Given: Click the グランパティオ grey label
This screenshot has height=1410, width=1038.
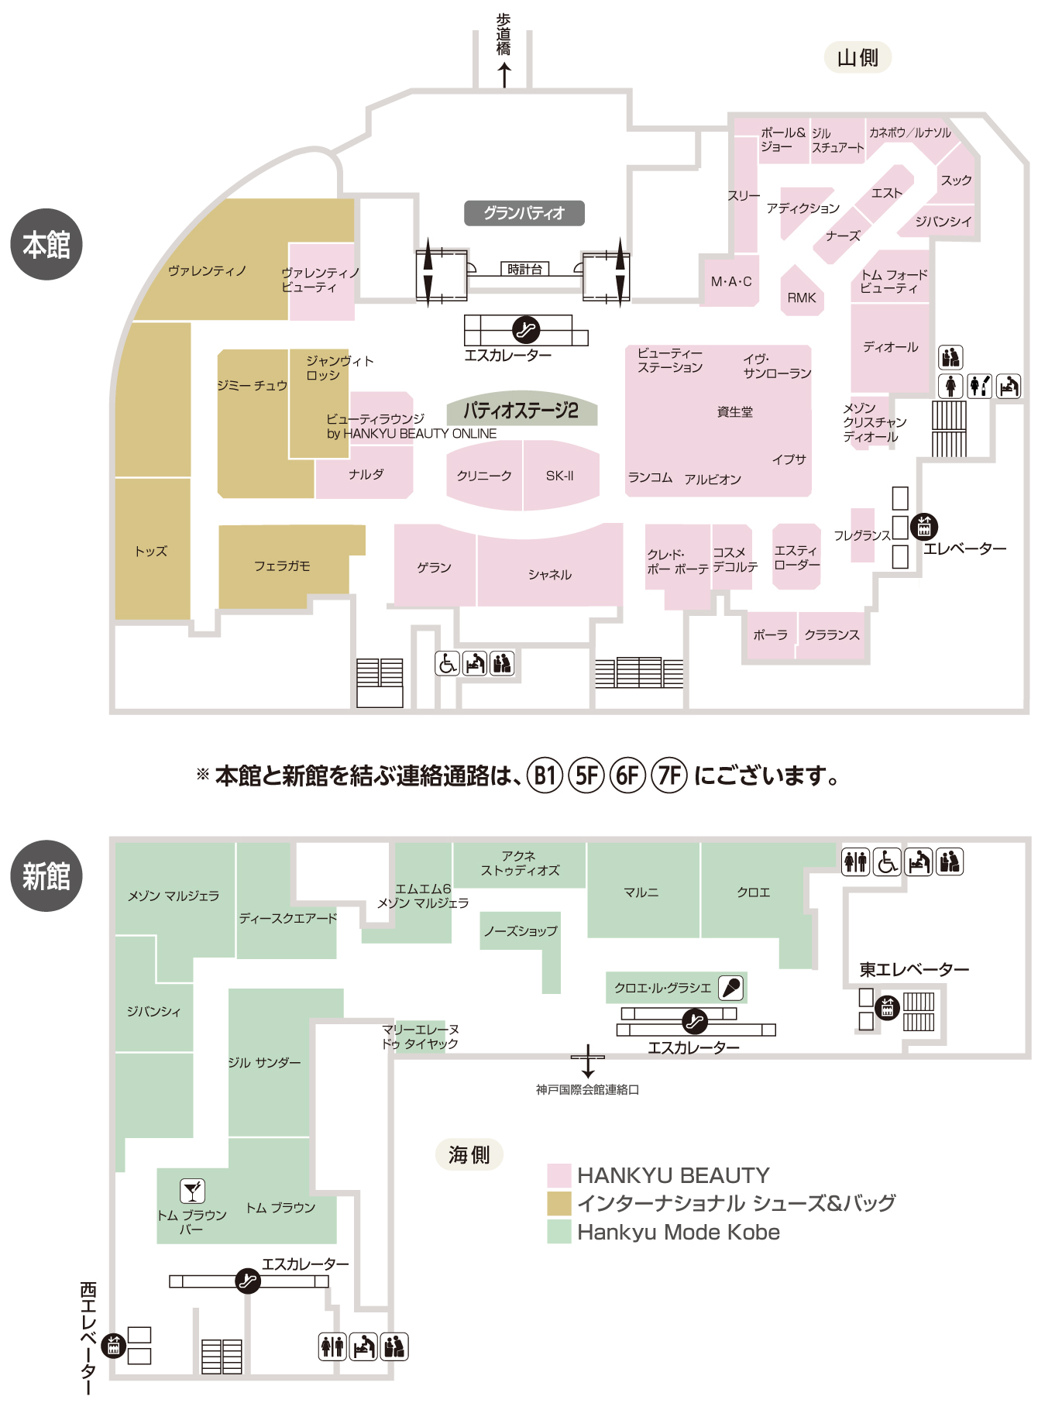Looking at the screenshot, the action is pyautogui.click(x=524, y=213).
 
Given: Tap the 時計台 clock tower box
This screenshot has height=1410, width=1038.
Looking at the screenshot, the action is pyautogui.click(x=524, y=270).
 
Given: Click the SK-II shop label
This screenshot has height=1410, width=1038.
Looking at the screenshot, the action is pyautogui.click(x=560, y=476).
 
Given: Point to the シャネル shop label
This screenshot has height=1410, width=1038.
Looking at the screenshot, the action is pyautogui.click(x=550, y=574).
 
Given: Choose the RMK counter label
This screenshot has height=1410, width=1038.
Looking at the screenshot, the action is pyautogui.click(x=802, y=297).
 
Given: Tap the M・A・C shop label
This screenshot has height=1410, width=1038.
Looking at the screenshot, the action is pyautogui.click(x=731, y=282).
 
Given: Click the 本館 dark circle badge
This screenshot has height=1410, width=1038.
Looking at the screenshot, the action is pyautogui.click(x=46, y=245).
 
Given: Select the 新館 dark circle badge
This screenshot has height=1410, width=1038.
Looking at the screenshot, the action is pyautogui.click(x=46, y=876).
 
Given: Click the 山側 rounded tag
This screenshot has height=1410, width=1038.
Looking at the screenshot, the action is pyautogui.click(x=858, y=57).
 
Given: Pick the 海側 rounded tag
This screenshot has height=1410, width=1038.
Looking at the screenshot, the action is pyautogui.click(x=469, y=1154).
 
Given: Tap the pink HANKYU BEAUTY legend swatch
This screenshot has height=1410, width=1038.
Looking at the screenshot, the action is pyautogui.click(x=559, y=1175).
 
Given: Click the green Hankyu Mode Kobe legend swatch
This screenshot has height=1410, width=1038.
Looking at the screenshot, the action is pyautogui.click(x=559, y=1232).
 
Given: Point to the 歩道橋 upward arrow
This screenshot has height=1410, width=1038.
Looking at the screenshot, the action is pyautogui.click(x=504, y=75).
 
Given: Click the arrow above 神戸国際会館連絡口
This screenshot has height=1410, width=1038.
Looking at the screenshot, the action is pyautogui.click(x=588, y=1061).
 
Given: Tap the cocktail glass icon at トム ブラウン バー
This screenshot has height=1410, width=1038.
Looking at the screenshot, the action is pyautogui.click(x=192, y=1191).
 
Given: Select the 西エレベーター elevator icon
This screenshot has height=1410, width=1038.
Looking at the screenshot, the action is pyautogui.click(x=114, y=1346).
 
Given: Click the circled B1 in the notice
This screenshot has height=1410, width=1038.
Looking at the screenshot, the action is pyautogui.click(x=545, y=775).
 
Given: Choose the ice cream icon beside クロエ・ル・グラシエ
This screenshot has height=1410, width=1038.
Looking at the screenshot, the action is pyautogui.click(x=731, y=988).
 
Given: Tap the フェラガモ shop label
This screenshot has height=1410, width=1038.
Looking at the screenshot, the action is pyautogui.click(x=282, y=566).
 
